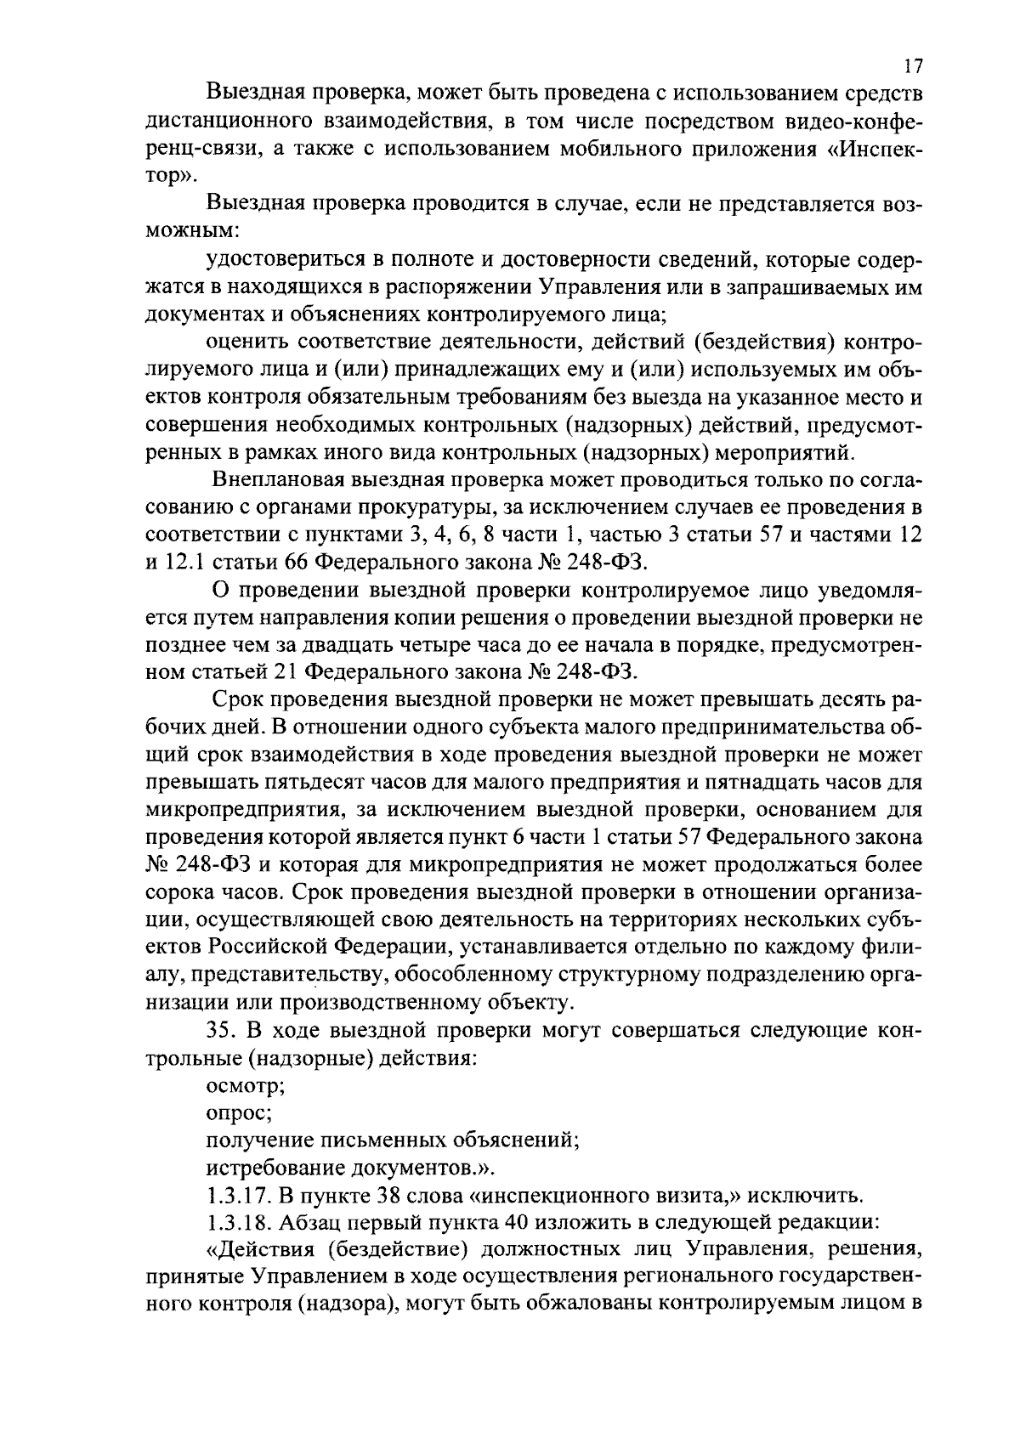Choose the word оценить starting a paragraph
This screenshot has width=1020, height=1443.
245,342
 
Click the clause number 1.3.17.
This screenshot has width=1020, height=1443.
238,1197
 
